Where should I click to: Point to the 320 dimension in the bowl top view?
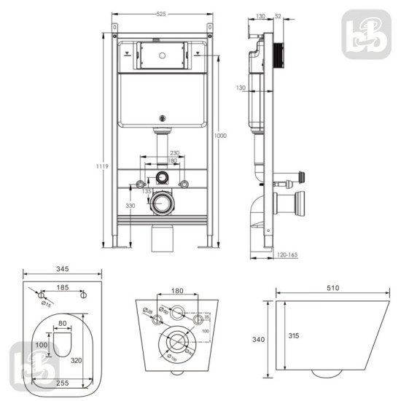[77, 359]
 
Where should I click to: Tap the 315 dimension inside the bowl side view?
[292, 336]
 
